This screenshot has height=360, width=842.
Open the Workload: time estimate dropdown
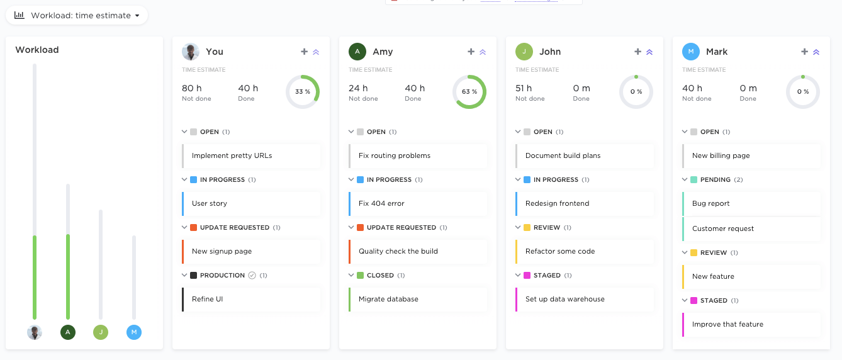(x=77, y=15)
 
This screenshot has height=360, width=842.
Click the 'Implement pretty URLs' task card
(x=232, y=155)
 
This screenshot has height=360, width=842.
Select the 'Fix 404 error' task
(x=381, y=203)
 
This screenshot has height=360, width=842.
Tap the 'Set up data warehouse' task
(x=564, y=299)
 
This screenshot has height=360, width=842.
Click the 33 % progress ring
(x=303, y=92)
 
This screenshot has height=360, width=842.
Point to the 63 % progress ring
(x=469, y=92)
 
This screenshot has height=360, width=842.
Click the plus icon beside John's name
(x=637, y=52)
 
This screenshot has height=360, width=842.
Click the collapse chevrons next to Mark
(x=816, y=52)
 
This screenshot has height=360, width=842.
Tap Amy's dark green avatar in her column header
(x=357, y=52)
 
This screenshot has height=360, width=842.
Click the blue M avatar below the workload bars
(x=134, y=332)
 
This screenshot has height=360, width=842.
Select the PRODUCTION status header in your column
(x=222, y=275)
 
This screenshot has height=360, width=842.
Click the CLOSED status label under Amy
(x=380, y=275)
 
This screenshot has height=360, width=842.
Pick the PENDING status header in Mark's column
(x=716, y=179)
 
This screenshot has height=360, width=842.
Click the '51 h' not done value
(x=524, y=88)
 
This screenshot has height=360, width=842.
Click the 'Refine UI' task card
(x=208, y=299)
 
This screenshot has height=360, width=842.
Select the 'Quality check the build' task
(x=398, y=251)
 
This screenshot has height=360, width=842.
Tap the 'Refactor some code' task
(x=560, y=251)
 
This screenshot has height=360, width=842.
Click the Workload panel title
(x=37, y=50)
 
